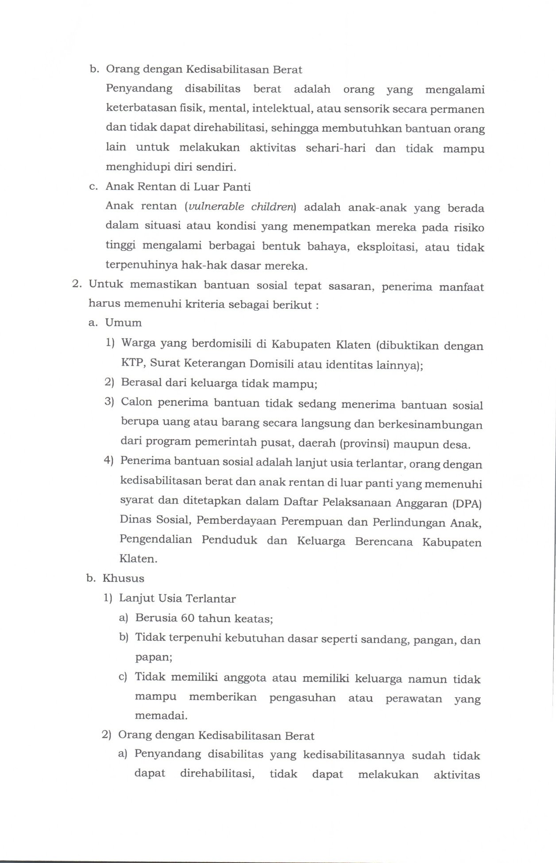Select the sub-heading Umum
click(124, 323)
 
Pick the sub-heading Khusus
click(124, 578)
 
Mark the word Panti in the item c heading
click(236, 187)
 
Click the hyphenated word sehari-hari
click(336, 148)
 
